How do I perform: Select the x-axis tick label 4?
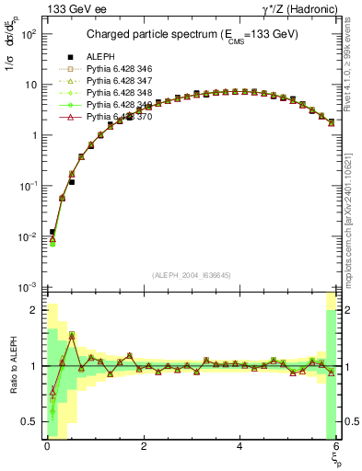pos(239,446)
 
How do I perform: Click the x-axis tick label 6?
pos(335,446)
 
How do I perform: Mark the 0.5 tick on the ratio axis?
pos(29,422)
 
